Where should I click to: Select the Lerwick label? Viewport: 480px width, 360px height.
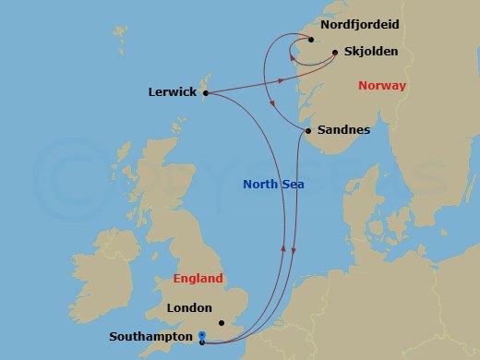tap(173, 92)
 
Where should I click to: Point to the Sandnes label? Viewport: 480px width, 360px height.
tap(343, 130)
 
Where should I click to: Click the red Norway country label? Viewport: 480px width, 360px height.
tap(380, 86)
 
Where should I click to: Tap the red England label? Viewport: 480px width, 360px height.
tap(198, 278)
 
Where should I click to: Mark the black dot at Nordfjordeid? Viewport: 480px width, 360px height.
tap(311, 40)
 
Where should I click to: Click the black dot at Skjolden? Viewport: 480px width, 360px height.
tap(334, 53)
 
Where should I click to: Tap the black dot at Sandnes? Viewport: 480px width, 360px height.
tap(306, 131)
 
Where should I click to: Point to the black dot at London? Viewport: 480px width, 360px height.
tap(222, 323)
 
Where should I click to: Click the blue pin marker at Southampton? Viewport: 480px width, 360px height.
tap(201, 336)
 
